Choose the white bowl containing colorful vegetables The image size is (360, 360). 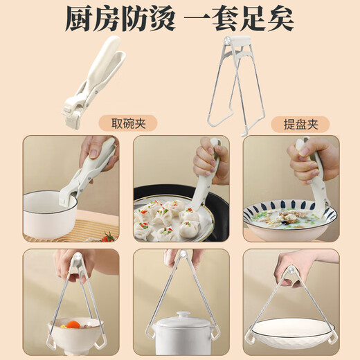click(73, 328)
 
